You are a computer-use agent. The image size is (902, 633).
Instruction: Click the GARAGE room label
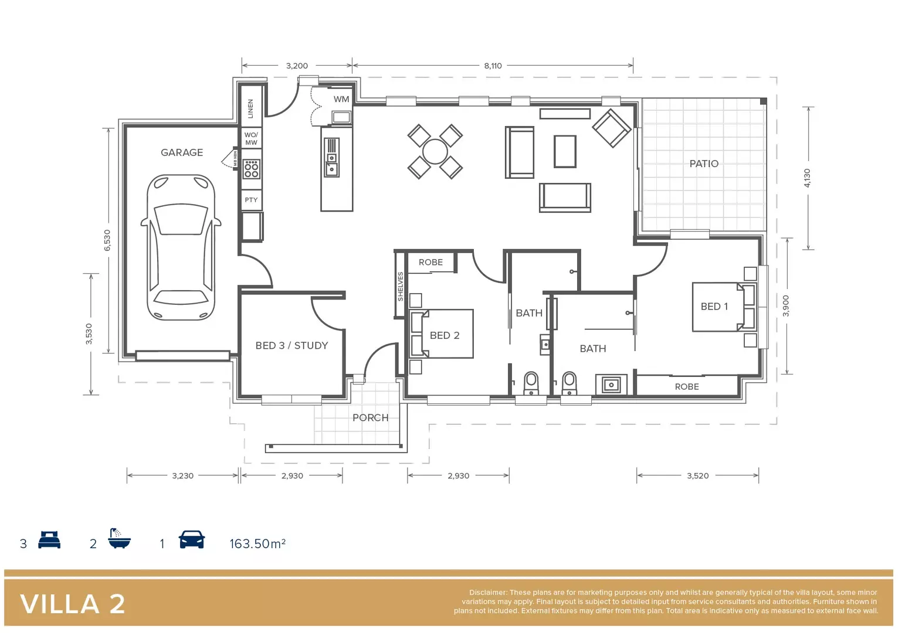pos(182,152)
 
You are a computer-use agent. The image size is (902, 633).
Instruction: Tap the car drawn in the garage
pos(181,247)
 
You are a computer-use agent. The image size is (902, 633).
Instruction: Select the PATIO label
pos(704,164)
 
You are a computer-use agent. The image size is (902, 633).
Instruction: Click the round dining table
pos(435,152)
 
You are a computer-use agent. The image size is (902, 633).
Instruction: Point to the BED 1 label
pos(714,307)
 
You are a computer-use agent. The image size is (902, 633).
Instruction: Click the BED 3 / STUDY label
pos(291,346)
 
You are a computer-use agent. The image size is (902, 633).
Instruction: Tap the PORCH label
pos(370,418)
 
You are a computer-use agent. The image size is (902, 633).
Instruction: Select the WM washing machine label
pos(341,99)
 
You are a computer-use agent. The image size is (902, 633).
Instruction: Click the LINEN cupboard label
pos(250,108)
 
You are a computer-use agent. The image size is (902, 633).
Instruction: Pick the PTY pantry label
pos(251,200)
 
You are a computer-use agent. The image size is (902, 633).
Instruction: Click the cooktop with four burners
pos(252,169)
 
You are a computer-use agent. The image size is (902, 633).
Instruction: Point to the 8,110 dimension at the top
pos(493,66)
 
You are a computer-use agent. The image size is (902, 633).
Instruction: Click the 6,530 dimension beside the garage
pos(107,240)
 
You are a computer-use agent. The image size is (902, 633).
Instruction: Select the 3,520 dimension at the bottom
pos(697,476)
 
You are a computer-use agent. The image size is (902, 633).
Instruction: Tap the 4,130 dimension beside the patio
pos(807,178)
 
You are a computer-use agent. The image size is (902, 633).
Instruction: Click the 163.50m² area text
pos(257,544)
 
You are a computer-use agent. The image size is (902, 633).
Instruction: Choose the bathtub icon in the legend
pos(119,539)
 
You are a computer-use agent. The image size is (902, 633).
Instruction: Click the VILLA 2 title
pos(73,604)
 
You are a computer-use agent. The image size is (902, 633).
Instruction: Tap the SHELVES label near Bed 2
pos(401,287)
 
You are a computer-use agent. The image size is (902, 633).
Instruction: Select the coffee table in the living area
pos(565,151)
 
